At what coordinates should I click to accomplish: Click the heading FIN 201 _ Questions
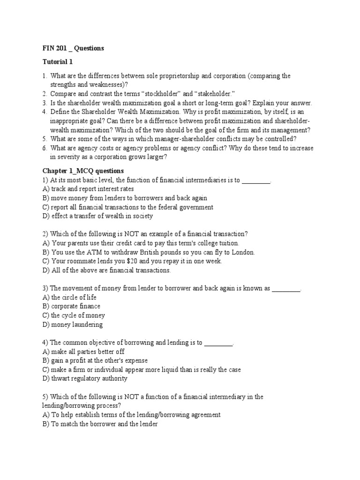tap(73, 48)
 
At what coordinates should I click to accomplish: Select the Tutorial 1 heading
tap(58, 62)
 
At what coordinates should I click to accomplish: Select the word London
tap(242, 252)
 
